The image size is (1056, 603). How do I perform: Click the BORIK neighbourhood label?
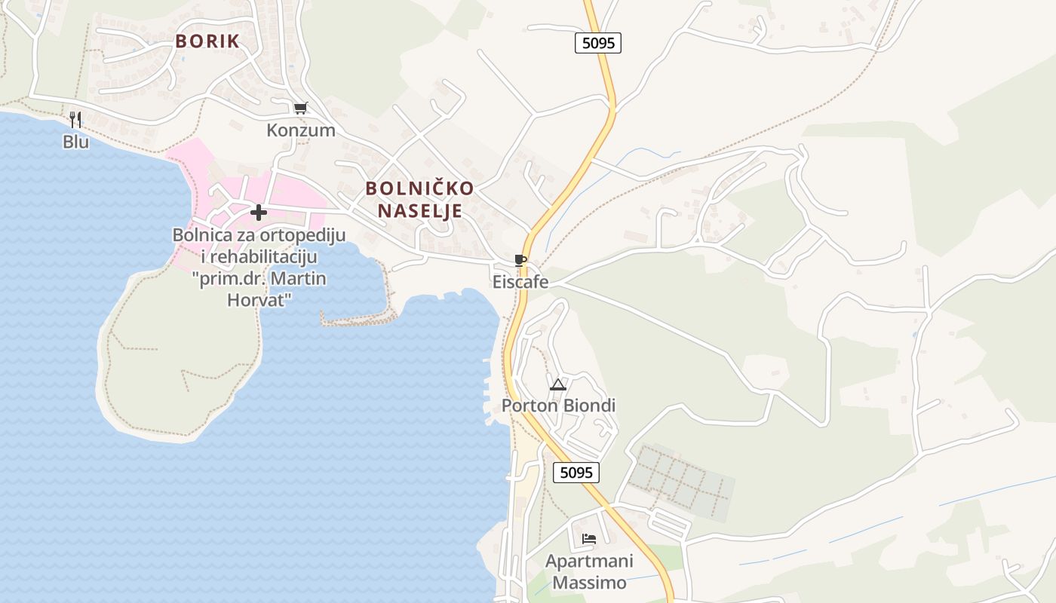207,41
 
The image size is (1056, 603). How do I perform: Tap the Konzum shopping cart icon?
300,108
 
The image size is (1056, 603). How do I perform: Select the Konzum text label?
300,130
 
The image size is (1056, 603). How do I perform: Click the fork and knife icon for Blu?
75,119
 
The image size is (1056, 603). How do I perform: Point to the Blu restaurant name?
75,142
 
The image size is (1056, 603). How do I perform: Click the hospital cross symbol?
259,213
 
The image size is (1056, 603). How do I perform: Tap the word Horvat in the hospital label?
259,299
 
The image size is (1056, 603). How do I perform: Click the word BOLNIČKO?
420,188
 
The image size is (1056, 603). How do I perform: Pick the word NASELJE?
419,210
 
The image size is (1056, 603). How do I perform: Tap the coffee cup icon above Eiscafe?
520,260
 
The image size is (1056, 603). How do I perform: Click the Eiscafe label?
520,283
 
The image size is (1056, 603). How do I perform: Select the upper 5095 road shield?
598,43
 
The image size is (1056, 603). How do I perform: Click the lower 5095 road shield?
576,473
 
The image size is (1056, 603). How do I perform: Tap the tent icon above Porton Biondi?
557,384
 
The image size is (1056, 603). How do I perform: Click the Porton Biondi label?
559,406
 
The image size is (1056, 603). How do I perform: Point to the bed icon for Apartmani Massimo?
589,539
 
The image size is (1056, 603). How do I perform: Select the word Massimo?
589,583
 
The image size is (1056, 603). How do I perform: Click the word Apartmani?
589,562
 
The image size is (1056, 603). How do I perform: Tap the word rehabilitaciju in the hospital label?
267,256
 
